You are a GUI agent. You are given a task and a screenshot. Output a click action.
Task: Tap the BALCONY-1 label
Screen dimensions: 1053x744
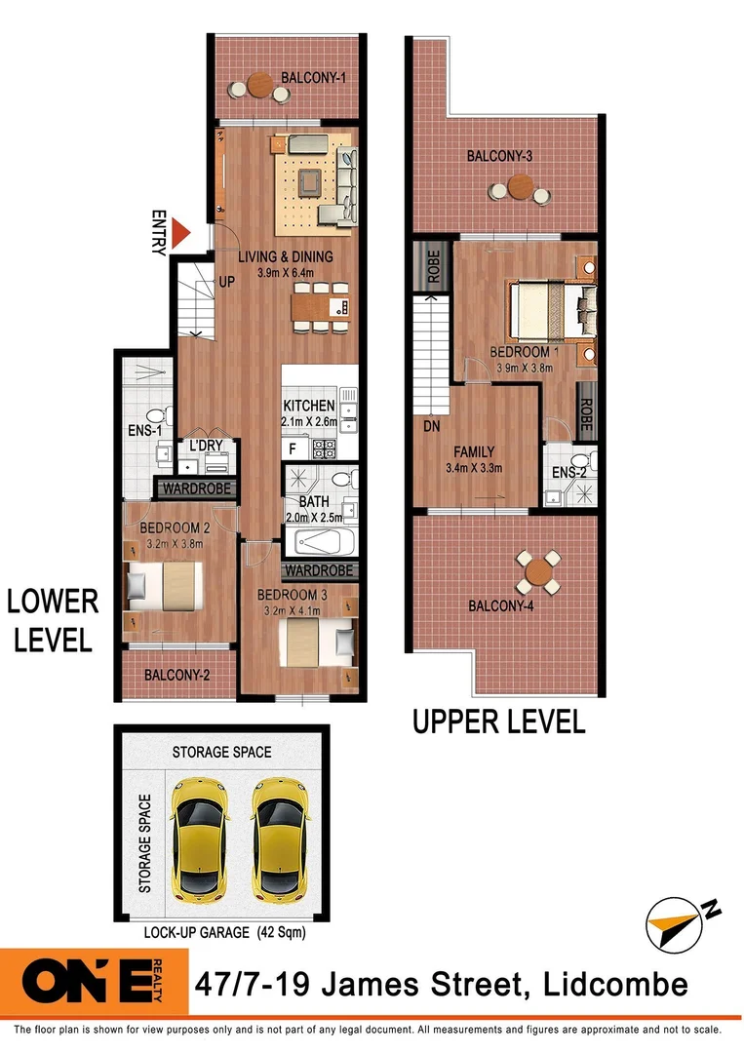click(314, 78)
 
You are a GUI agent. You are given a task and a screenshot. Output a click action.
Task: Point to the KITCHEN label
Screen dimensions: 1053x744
click(309, 406)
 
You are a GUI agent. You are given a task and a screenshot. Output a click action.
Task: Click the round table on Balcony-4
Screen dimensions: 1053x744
click(538, 573)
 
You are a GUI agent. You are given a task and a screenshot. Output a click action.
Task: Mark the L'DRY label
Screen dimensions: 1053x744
click(207, 446)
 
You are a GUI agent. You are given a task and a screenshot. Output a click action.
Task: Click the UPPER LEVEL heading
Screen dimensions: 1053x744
click(498, 722)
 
